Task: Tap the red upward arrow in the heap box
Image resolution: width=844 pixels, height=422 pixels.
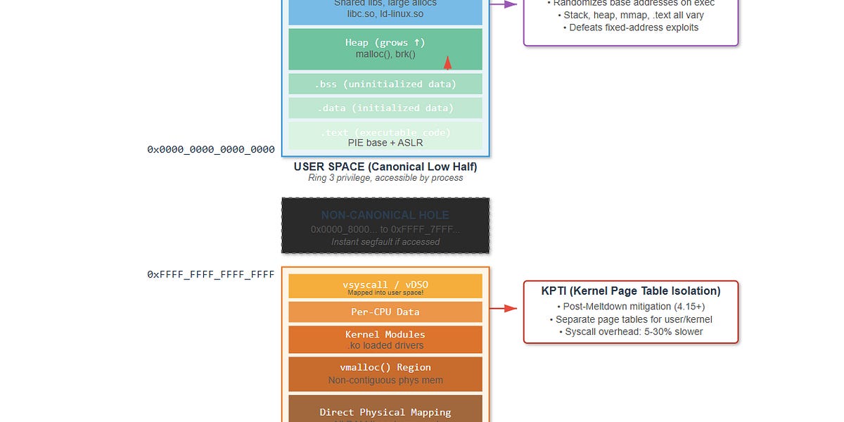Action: tap(447, 63)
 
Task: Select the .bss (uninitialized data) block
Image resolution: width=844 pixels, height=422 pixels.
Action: tap(385, 84)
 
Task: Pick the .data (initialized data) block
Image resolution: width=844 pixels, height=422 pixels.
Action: tap(385, 108)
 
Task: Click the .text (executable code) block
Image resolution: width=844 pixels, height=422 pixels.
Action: tap(385, 136)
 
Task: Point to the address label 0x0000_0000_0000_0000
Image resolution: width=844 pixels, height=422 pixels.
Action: tap(210, 150)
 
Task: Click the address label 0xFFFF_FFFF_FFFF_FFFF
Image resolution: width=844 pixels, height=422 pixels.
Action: tap(210, 274)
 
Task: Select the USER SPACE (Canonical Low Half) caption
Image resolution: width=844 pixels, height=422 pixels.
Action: tap(385, 167)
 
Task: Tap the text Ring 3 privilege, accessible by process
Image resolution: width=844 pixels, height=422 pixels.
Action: tap(385, 178)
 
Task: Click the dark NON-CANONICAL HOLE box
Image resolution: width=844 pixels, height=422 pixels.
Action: tap(385, 226)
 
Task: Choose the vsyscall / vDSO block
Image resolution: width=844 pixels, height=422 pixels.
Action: tap(385, 286)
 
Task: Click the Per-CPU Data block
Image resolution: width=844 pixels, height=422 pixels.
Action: tap(385, 312)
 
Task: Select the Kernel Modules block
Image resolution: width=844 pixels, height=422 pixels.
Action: tap(385, 339)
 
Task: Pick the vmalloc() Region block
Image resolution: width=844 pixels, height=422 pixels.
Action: tap(385, 373)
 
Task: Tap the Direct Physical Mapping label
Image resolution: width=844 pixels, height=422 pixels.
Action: tap(385, 412)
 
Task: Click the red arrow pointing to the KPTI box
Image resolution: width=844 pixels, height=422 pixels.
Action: tap(502, 308)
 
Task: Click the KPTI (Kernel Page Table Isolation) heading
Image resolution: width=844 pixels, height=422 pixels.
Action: tap(630, 291)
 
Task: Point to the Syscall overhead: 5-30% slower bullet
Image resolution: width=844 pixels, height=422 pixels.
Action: tap(630, 332)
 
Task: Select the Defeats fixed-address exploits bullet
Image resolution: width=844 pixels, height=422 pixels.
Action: tap(630, 27)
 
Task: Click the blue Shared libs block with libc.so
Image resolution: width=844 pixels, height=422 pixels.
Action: tap(385, 11)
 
